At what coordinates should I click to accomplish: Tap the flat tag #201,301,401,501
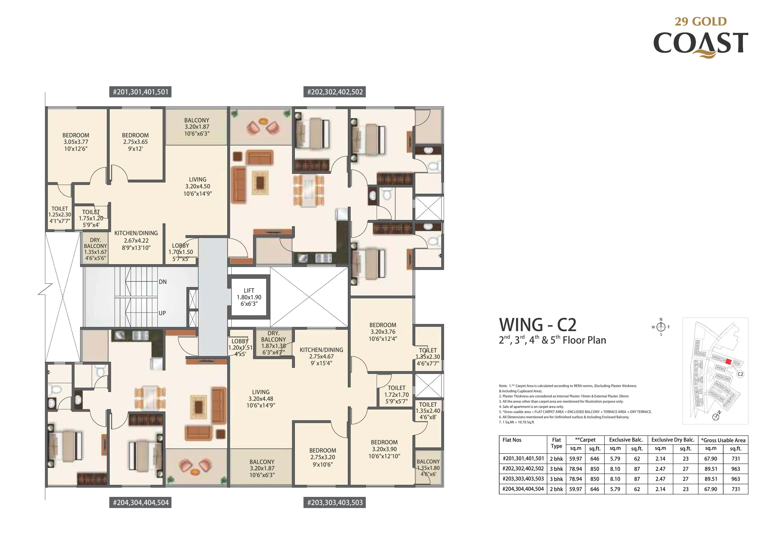tap(140, 92)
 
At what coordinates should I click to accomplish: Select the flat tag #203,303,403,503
tap(334, 503)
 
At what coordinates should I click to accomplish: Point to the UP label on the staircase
tap(162, 313)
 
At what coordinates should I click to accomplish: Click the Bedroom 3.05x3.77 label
tap(76, 142)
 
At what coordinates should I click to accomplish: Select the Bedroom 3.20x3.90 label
tap(384, 449)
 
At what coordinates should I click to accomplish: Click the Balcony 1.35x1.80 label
tap(428, 468)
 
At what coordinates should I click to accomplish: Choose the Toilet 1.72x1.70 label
tap(396, 394)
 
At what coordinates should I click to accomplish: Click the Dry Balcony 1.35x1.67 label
tap(95, 249)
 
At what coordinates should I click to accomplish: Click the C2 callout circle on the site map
tap(740, 374)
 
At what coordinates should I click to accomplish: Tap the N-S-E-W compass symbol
tap(661, 327)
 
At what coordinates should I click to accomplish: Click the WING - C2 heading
tap(537, 325)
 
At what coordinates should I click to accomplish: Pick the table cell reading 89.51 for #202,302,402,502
tap(710, 469)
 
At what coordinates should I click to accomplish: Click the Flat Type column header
tap(556, 443)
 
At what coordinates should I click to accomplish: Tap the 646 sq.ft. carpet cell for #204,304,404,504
tap(595, 489)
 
